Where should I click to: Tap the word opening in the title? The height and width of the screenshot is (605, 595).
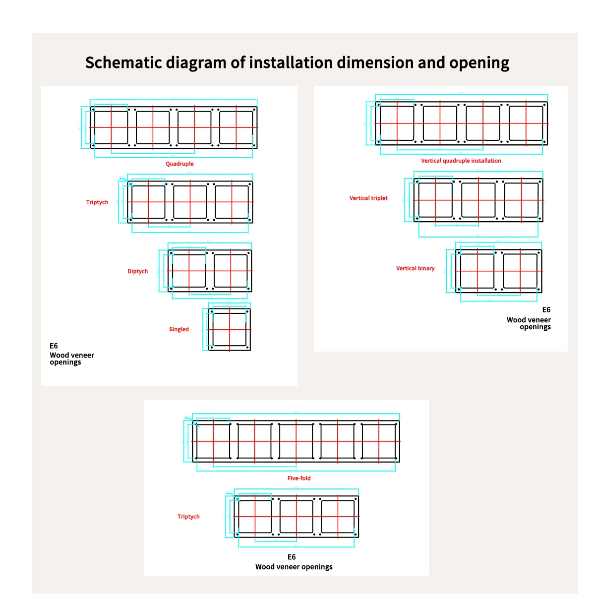pyautogui.click(x=479, y=63)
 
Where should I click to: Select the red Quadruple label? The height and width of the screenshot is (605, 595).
pyautogui.click(x=179, y=164)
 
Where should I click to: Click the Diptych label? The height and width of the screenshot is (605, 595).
pyautogui.click(x=137, y=271)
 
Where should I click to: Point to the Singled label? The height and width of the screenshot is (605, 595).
pyautogui.click(x=178, y=329)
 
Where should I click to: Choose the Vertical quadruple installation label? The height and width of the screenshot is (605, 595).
pyautogui.click(x=461, y=161)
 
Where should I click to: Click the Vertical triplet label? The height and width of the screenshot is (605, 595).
pyautogui.click(x=368, y=198)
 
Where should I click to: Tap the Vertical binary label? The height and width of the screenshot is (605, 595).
pyautogui.click(x=415, y=268)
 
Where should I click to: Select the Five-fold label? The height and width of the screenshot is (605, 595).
pyautogui.click(x=299, y=478)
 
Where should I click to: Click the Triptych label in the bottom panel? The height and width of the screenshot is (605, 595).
pyautogui.click(x=188, y=516)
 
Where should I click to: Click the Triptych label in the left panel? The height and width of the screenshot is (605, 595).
pyautogui.click(x=97, y=202)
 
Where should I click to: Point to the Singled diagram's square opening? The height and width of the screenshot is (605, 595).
pyautogui.click(x=230, y=329)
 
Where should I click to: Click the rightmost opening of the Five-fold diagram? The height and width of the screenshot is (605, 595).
pyautogui.click(x=379, y=441)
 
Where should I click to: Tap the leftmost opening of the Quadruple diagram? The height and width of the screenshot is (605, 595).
pyautogui.click(x=111, y=127)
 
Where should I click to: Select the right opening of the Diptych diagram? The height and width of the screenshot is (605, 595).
pyautogui.click(x=231, y=271)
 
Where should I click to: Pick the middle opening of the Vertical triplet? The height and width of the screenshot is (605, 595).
pyautogui.click(x=478, y=200)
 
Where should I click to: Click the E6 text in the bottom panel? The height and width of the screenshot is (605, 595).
pyautogui.click(x=292, y=557)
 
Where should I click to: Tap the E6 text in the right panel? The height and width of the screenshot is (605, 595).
pyautogui.click(x=546, y=309)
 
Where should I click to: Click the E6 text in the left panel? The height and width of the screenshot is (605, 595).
pyautogui.click(x=54, y=346)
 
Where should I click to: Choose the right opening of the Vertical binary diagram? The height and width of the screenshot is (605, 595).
pyautogui.click(x=520, y=271)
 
